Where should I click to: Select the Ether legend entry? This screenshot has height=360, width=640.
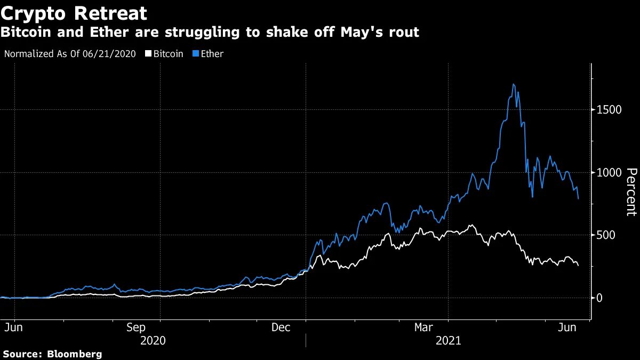point(212,54)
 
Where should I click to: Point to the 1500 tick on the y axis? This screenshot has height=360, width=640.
point(609,109)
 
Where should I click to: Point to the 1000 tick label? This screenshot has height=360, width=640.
point(609,172)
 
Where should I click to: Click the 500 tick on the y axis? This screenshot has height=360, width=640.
point(606,235)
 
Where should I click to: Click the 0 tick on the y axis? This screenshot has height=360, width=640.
point(600,298)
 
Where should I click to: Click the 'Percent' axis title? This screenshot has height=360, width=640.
point(631,191)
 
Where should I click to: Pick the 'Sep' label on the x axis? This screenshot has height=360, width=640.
point(137,327)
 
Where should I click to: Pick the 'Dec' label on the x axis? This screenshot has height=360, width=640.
point(281,327)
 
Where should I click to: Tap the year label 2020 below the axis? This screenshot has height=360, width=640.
point(152,340)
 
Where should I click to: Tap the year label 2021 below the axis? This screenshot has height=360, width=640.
point(449,340)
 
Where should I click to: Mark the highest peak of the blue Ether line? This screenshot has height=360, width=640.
point(513,84)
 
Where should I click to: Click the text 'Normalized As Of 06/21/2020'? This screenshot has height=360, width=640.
point(69,54)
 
